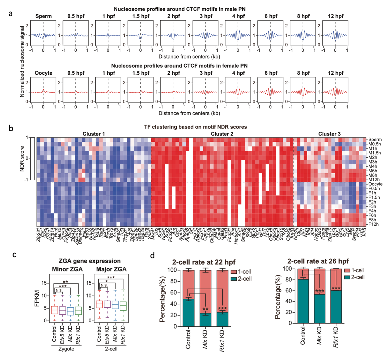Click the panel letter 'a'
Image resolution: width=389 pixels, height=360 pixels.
tap(11, 13)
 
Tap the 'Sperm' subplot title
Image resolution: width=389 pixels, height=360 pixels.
tap(43, 16)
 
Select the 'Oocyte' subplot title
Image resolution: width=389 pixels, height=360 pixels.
tap(43, 73)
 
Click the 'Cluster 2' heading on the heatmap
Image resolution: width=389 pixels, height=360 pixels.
tap(222, 134)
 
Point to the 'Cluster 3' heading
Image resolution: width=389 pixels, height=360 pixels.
tap(329, 134)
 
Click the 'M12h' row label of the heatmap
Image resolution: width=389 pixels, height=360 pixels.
tap(374, 180)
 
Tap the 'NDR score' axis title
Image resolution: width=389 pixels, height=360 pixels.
tap(22, 159)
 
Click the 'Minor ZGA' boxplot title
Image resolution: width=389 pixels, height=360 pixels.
tap(67, 269)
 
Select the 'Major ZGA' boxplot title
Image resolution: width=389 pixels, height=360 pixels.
tap(111, 269)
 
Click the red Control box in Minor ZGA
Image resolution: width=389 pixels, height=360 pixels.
tap(54, 310)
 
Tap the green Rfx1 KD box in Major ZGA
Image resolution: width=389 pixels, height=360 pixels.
tap(123, 306)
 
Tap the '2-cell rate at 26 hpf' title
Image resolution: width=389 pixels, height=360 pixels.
tap(318, 261)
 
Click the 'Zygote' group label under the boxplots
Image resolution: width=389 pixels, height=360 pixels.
tap(66, 349)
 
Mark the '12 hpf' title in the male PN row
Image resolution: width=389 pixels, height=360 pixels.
tap(335, 16)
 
